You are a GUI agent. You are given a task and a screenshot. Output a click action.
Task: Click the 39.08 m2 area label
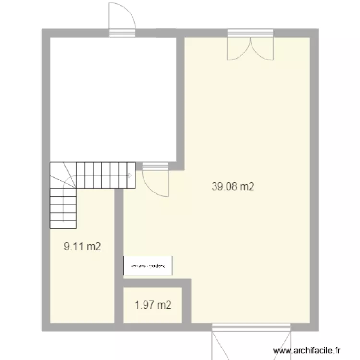click(232, 187)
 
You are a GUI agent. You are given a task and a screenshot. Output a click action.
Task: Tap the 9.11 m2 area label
click(83, 247)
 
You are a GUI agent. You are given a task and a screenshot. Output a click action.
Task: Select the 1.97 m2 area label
click(153, 305)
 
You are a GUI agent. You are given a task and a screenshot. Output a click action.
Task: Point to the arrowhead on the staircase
click(129, 175)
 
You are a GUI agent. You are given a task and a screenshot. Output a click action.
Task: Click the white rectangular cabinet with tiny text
click(148, 265)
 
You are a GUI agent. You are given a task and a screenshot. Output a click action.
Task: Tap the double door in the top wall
click(250, 46)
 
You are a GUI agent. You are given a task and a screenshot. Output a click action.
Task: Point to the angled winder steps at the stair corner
click(62, 175)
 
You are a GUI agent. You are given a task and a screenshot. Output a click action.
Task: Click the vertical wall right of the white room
click(180, 101)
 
